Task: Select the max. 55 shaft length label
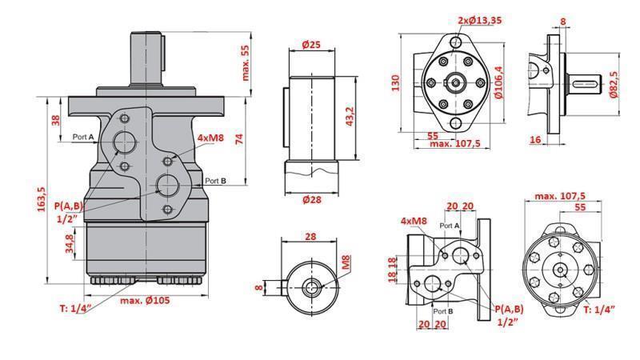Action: pyautogui.click(x=246, y=62)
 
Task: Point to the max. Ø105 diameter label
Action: pyautogui.click(x=146, y=300)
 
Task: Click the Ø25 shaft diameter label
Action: pyautogui.click(x=311, y=46)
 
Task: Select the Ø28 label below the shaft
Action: pyautogui.click(x=312, y=199)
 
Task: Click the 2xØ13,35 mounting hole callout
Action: pyautogui.click(x=480, y=21)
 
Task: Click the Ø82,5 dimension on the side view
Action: pyautogui.click(x=614, y=84)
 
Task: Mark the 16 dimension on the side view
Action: pyautogui.click(x=535, y=138)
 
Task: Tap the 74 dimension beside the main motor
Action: pyautogui.click(x=239, y=138)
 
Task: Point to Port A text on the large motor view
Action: pyautogui.click(x=83, y=137)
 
